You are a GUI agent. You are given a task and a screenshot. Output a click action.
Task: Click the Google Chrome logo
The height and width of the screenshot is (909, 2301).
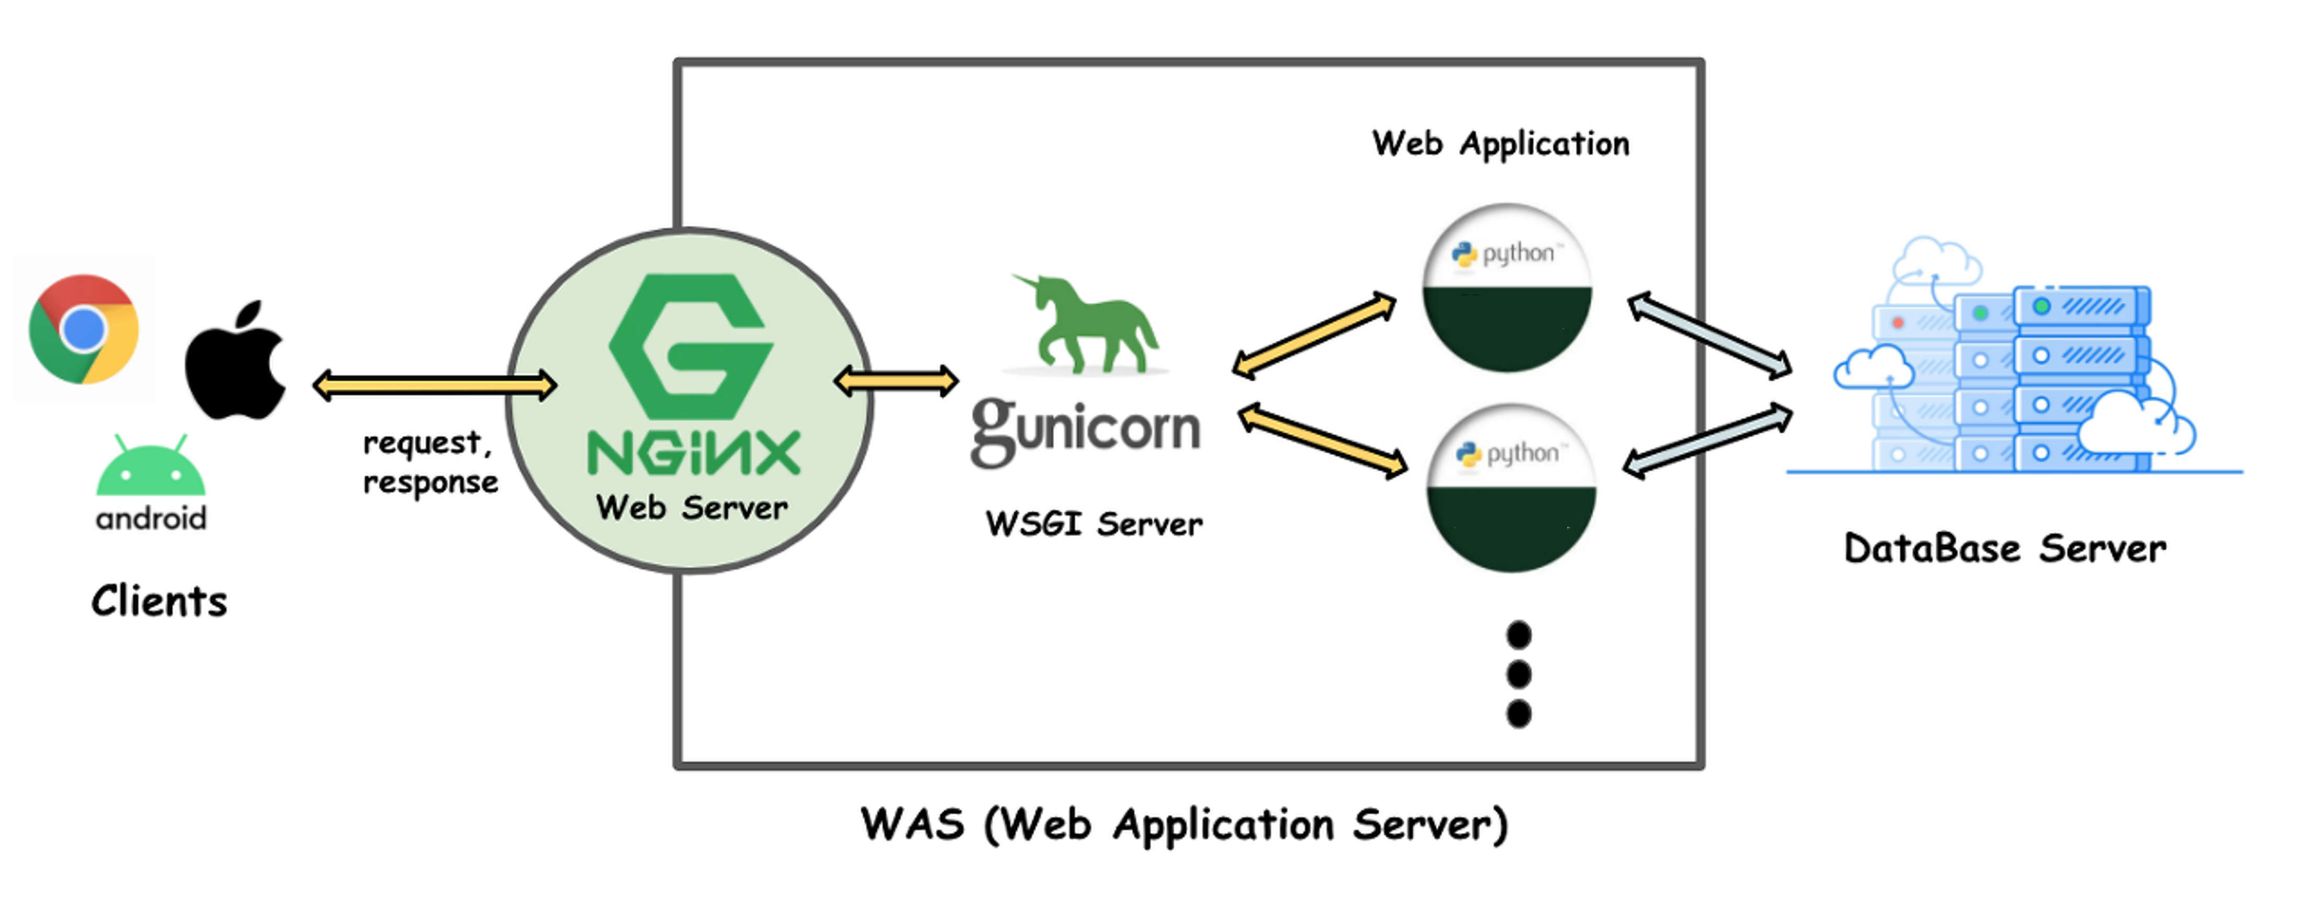pyautogui.click(x=83, y=329)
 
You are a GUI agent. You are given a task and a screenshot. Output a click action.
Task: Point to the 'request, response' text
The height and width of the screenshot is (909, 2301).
pyautogui.click(x=430, y=463)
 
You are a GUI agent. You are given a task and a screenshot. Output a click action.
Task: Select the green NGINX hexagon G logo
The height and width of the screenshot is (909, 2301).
pyautogui.click(x=690, y=347)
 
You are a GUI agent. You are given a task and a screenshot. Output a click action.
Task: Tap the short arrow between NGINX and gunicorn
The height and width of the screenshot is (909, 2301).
pyautogui.click(x=896, y=381)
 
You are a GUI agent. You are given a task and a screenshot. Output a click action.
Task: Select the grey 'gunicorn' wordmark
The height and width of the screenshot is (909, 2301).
pyautogui.click(x=1085, y=430)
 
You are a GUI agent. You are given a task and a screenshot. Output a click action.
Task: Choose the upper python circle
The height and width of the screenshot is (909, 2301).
pyautogui.click(x=1507, y=287)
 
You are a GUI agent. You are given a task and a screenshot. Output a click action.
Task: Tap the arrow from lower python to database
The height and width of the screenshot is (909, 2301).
pyautogui.click(x=1707, y=441)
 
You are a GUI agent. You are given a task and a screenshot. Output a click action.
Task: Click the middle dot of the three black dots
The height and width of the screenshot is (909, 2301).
pyautogui.click(x=1519, y=674)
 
